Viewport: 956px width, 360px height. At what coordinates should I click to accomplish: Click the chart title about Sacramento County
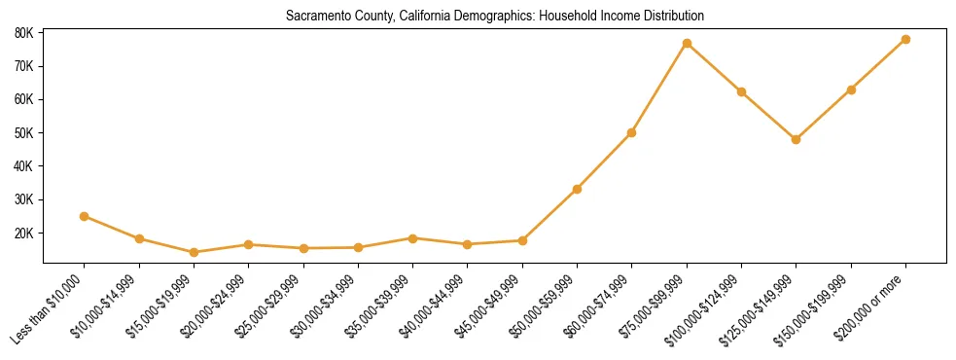point(495,17)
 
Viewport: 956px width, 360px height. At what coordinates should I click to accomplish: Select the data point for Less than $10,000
point(85,216)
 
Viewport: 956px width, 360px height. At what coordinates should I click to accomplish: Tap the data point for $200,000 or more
point(905,40)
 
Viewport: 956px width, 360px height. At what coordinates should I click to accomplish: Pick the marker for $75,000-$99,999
point(687,44)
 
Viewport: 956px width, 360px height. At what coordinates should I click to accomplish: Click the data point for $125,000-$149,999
point(796,139)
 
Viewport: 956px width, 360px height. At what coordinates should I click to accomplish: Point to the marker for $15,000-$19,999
point(194,252)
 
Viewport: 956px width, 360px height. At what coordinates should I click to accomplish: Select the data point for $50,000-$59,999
point(577,189)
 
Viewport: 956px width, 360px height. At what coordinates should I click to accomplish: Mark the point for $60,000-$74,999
point(631,132)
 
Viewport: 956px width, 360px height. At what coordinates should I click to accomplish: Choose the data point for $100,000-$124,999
point(741,91)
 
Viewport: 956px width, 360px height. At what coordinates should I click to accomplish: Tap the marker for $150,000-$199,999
point(851,90)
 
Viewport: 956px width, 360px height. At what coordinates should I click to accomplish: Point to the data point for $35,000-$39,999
point(412,238)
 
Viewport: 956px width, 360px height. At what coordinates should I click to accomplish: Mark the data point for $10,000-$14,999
point(139,238)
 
